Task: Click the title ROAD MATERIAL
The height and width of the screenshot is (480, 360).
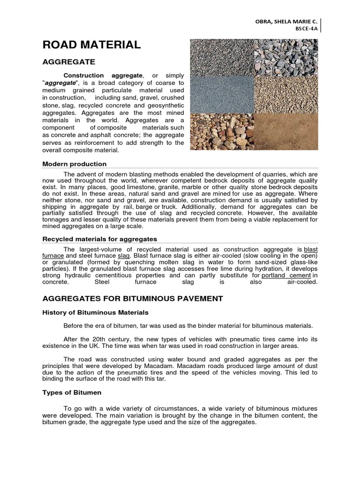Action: pyautogui.click(x=91, y=45)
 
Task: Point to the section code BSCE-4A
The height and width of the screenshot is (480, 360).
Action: pyautogui.click(x=307, y=29)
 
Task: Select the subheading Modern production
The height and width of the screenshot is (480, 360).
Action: pyautogui.click(x=75, y=164)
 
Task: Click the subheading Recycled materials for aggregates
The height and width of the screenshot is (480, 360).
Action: pyautogui.click(x=100, y=239)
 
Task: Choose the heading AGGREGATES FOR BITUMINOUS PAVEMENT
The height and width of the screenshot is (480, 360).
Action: pyautogui.click(x=133, y=299)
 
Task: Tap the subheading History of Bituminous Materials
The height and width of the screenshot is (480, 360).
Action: pyautogui.click(x=96, y=312)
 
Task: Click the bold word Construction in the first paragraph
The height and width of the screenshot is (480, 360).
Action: pyautogui.click(x=83, y=75)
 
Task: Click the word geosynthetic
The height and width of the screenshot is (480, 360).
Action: pyautogui.click(x=162, y=105)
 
